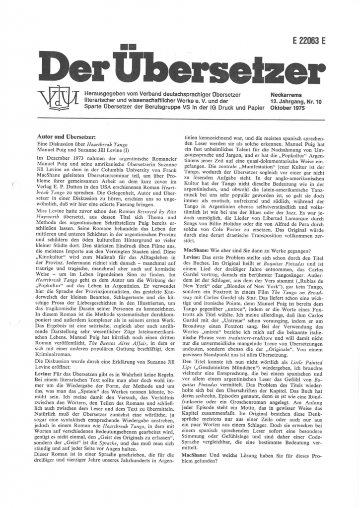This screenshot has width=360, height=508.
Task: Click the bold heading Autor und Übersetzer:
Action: [x=68, y=135]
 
